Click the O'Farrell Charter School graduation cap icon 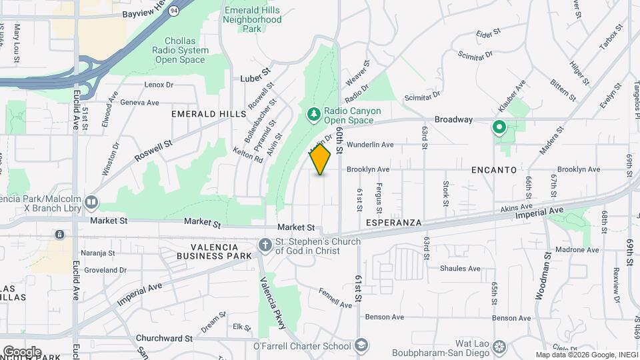[x=361, y=345]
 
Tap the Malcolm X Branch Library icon [x=91, y=201]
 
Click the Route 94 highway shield [x=174, y=11]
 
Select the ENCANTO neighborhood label [x=494, y=170]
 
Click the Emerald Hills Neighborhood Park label [x=253, y=20]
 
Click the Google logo [x=22, y=351]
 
